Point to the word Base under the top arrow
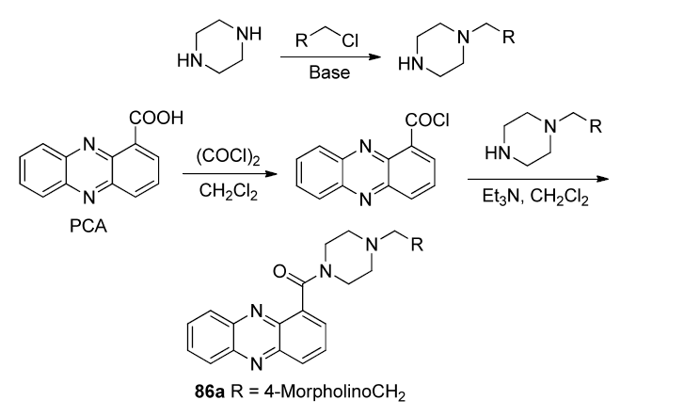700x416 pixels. pos(329,72)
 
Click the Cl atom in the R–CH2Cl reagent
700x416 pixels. pos(350,40)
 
